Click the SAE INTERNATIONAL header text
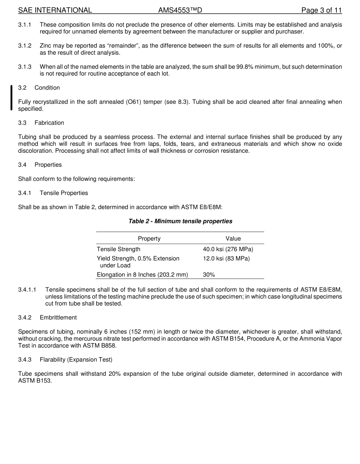55,10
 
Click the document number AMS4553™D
180,10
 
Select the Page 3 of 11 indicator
321,10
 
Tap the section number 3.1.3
25,67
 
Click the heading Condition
47,88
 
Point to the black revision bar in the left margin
11,98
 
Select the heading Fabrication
49,123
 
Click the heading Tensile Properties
64,193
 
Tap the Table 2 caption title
180,221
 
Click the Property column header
149,238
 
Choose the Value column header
233,238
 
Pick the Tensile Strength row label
119,249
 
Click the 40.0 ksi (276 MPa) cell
228,249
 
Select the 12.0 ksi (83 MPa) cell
226,259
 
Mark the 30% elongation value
209,274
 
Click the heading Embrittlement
58,317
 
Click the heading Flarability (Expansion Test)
76,359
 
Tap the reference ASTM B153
34,381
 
